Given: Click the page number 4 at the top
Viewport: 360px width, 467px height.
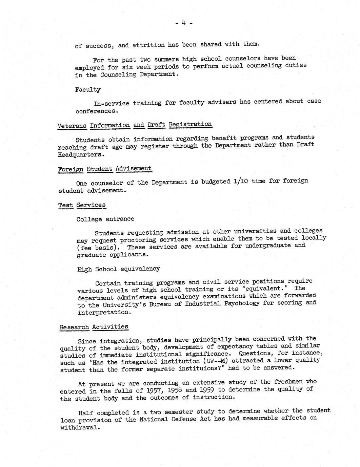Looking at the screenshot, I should [184, 23].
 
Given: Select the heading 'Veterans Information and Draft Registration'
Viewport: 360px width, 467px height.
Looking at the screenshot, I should [135, 125].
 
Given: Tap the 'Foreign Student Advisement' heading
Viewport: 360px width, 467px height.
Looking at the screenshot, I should [105, 169].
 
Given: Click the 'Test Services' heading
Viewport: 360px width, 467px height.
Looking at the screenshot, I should [82, 205].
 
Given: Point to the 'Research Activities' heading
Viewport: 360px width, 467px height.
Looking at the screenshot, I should [94, 327].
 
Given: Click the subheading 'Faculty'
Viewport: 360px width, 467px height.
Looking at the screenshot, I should [88, 90].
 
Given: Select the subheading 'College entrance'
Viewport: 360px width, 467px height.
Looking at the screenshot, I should [105, 219].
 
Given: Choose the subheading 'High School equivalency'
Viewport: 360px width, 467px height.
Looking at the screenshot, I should [118, 269].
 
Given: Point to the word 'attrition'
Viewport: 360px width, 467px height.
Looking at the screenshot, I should [148, 45].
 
